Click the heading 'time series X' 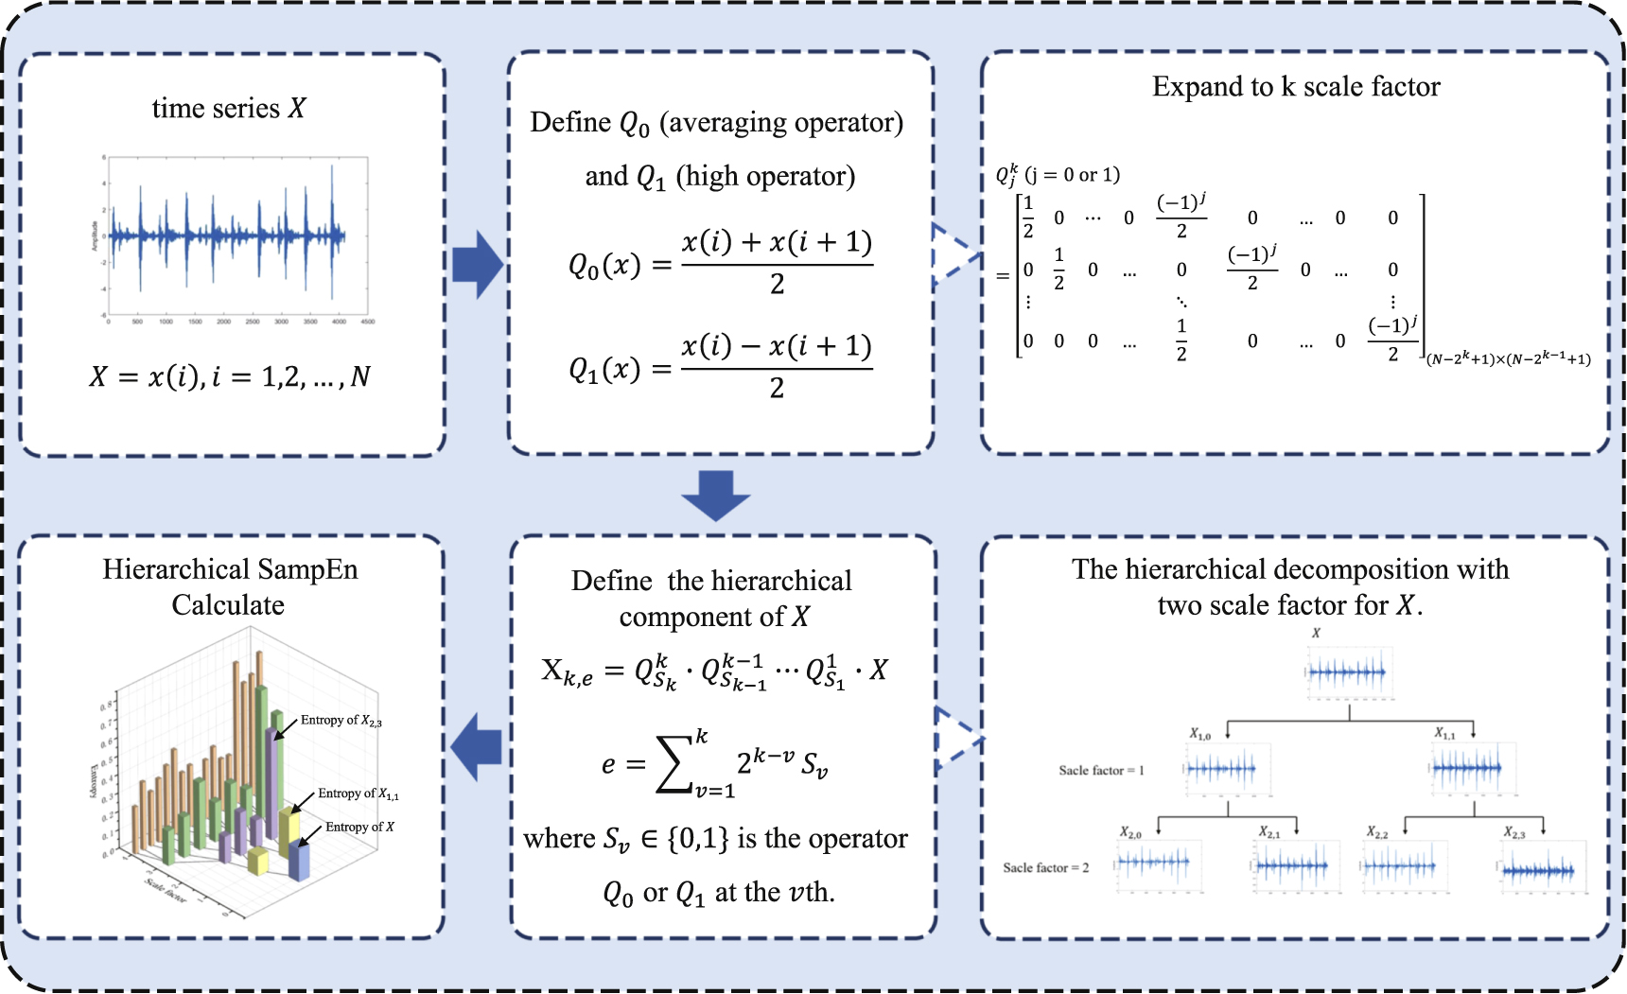pyautogui.click(x=229, y=109)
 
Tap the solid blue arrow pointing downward pyautogui.click(x=715, y=495)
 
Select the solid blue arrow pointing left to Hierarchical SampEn pyautogui.click(x=477, y=746)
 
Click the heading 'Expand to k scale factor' pyautogui.click(x=1296, y=87)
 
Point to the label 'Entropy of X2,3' pyautogui.click(x=341, y=721)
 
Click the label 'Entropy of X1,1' pyautogui.click(x=358, y=794)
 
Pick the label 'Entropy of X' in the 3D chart pyautogui.click(x=359, y=828)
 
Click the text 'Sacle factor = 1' pyautogui.click(x=1101, y=771)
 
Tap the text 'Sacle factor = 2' pyautogui.click(x=1045, y=868)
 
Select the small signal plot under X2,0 pyautogui.click(x=1158, y=864)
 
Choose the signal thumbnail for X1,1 pyautogui.click(x=1472, y=768)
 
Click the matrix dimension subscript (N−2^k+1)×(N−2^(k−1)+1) pyautogui.click(x=1508, y=359)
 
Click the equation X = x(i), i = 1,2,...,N pyautogui.click(x=230, y=377)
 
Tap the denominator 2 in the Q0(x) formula pyautogui.click(x=777, y=285)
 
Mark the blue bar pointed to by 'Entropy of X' pyautogui.click(x=299, y=861)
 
